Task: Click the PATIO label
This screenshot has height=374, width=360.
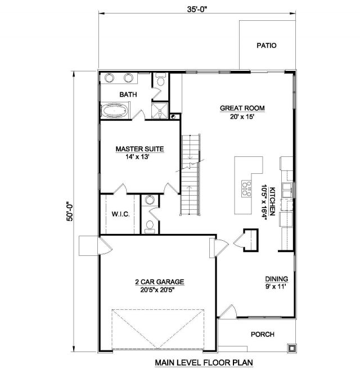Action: click(x=267, y=46)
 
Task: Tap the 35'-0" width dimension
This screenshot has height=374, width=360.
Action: click(x=197, y=10)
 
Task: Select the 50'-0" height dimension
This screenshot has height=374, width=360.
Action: click(x=70, y=211)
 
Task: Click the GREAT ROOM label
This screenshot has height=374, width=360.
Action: click(x=242, y=108)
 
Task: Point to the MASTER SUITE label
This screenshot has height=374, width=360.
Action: click(x=140, y=149)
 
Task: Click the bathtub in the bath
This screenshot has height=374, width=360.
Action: click(x=115, y=110)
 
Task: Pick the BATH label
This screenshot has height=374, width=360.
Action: click(x=128, y=94)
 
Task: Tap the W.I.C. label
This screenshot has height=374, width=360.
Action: click(x=121, y=214)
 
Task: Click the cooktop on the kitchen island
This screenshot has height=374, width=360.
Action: click(x=246, y=189)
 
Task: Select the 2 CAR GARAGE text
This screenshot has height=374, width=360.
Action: click(x=160, y=282)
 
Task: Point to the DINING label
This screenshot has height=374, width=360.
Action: click(x=277, y=278)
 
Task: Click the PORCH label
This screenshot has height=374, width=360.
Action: click(x=263, y=335)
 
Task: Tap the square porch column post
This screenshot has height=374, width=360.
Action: click(x=291, y=348)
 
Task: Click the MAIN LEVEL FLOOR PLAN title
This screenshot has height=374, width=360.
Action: click(x=204, y=363)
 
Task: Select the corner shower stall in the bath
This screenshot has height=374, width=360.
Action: click(x=160, y=110)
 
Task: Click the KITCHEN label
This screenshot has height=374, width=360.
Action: click(x=272, y=201)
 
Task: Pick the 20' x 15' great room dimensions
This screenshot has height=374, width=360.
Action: click(x=242, y=116)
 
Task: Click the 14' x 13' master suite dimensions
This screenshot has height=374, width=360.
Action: click(x=137, y=157)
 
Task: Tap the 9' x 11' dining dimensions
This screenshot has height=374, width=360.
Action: click(x=276, y=286)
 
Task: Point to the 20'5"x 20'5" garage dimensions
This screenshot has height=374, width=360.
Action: click(x=158, y=290)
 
